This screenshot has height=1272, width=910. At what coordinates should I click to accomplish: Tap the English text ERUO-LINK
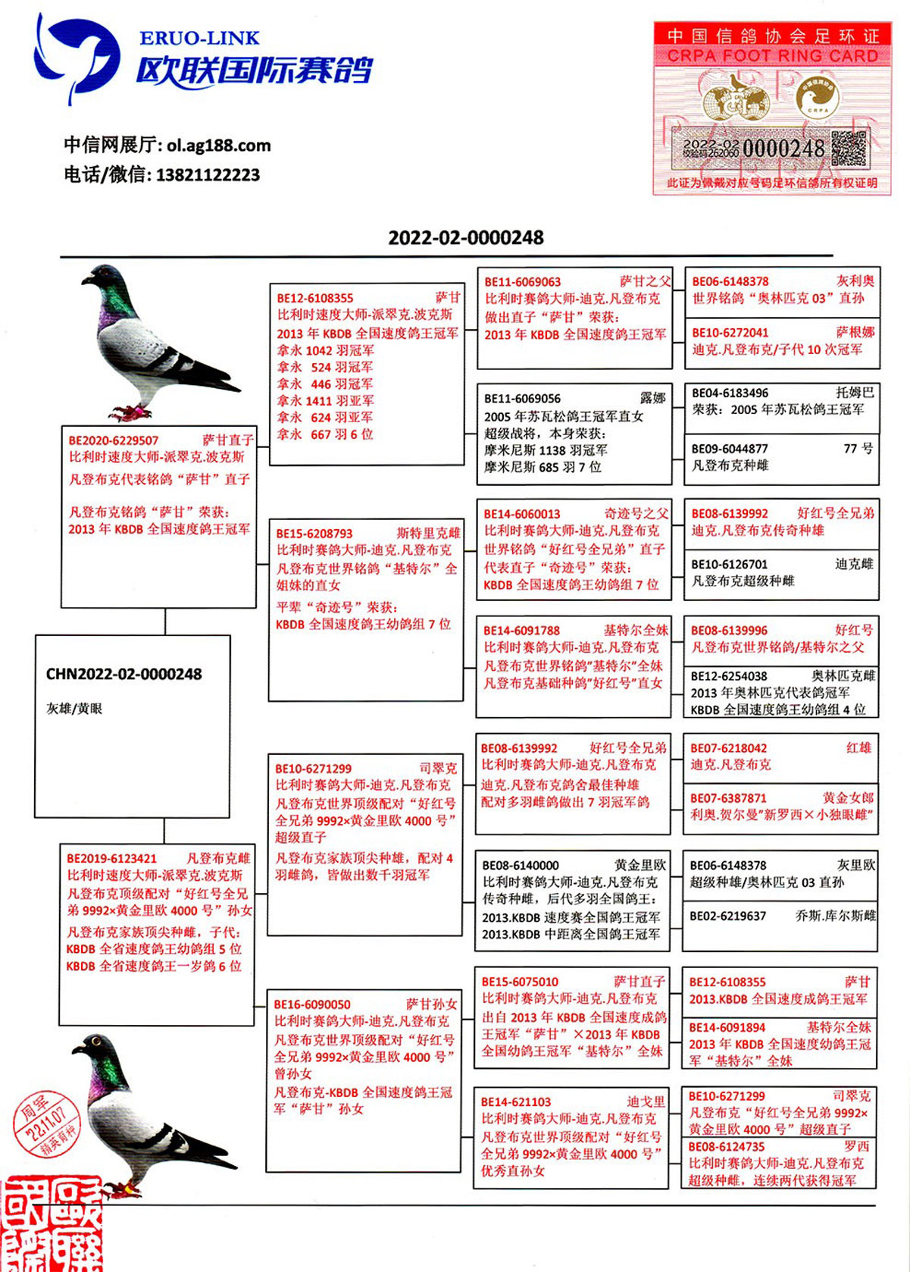199,38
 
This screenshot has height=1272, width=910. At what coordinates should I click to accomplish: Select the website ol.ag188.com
218,146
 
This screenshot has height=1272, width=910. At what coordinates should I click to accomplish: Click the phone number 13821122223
208,175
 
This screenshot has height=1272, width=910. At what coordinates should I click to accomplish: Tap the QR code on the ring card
848,148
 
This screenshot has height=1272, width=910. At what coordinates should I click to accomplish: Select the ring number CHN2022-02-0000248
124,674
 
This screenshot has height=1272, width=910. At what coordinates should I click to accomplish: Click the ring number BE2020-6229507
114,440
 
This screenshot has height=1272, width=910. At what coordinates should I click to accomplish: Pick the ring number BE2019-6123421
111,858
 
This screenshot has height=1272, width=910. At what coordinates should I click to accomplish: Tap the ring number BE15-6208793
314,534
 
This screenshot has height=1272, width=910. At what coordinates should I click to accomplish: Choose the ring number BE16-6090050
312,1004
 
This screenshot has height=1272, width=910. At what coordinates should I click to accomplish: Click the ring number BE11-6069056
523,399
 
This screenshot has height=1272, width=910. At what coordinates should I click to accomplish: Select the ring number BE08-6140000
521,865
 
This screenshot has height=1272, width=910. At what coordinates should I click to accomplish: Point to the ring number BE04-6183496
730,393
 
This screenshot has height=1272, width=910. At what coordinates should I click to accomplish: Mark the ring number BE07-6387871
728,798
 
